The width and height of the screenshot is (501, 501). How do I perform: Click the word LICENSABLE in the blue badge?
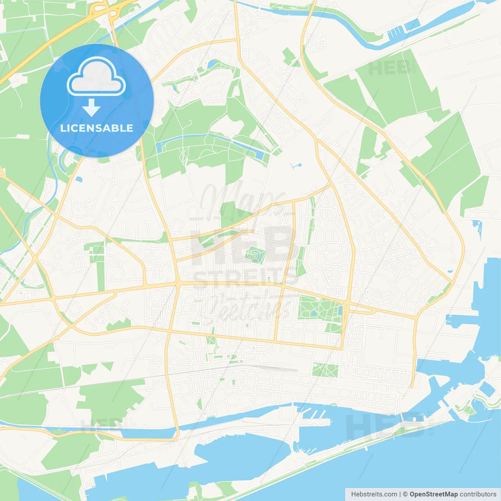tap(97, 128)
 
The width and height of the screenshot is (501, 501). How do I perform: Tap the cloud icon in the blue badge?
tap(96, 77)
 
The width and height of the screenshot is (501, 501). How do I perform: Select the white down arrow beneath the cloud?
tap(92, 108)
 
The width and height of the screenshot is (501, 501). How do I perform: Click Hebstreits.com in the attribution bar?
tap(374, 494)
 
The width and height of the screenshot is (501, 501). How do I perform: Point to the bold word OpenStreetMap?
tap(433, 494)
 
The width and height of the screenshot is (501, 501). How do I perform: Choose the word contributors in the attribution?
tap(478, 494)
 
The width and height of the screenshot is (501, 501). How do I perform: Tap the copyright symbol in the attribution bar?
tap(405, 494)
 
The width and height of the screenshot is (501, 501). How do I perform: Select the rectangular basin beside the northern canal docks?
tap(412, 25)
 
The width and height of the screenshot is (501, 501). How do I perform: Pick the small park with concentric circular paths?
tap(255, 256)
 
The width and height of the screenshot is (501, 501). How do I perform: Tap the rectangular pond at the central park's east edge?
tap(340, 310)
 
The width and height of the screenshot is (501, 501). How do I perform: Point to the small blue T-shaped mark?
tap(297, 166)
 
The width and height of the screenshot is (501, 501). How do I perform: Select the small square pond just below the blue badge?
tap(79, 179)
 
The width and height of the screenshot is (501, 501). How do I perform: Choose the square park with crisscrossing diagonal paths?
tap(325, 370)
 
